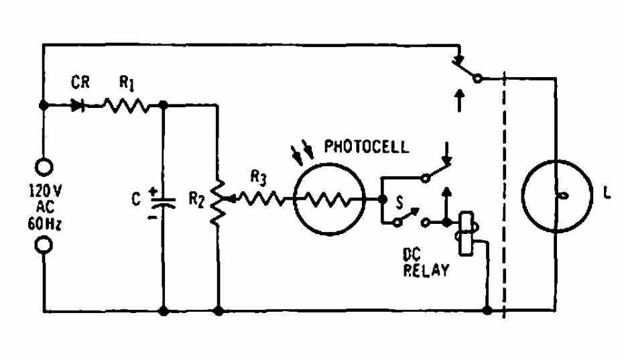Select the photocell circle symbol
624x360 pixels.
[x=330, y=199]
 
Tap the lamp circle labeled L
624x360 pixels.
[x=557, y=195]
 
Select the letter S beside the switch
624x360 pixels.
[x=401, y=200]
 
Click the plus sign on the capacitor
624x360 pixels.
[x=153, y=190]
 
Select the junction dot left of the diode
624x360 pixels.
[x=44, y=106]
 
